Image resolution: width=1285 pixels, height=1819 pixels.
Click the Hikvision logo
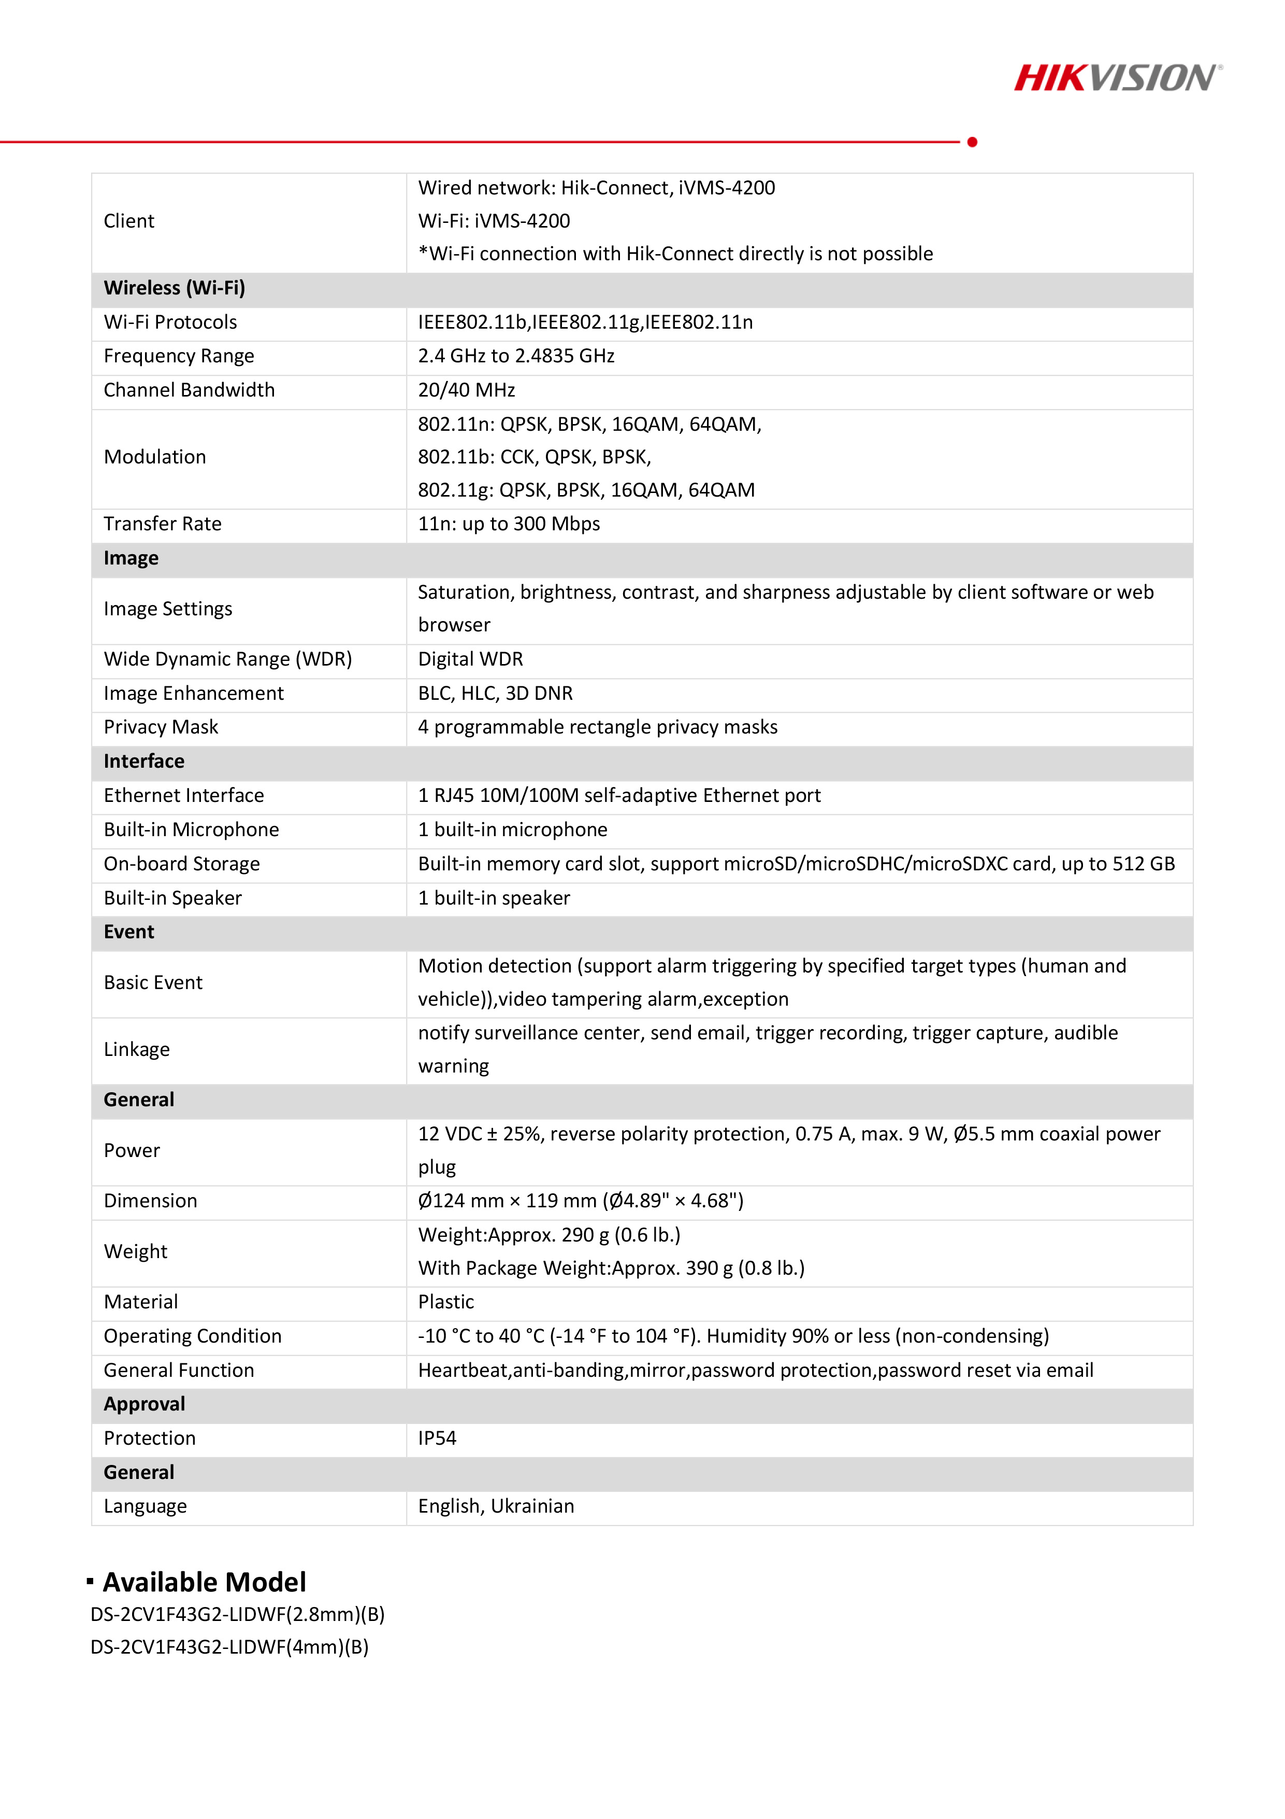coord(1117,78)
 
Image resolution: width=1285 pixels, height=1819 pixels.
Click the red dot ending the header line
coord(972,142)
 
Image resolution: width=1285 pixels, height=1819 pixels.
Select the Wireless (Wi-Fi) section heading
coord(174,288)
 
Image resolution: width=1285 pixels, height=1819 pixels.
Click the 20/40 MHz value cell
coord(466,390)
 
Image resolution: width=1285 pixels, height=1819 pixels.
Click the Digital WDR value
coord(470,660)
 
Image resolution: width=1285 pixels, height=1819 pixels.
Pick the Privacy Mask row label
coord(161,727)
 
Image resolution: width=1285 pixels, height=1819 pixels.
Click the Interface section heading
coord(144,762)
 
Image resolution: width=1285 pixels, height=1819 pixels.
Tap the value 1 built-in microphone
coord(512,829)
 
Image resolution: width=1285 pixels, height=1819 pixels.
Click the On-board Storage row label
coord(181,864)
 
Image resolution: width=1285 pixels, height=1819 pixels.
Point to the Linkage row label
coord(136,1050)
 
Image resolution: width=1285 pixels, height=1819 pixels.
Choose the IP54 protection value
coord(437,1439)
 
